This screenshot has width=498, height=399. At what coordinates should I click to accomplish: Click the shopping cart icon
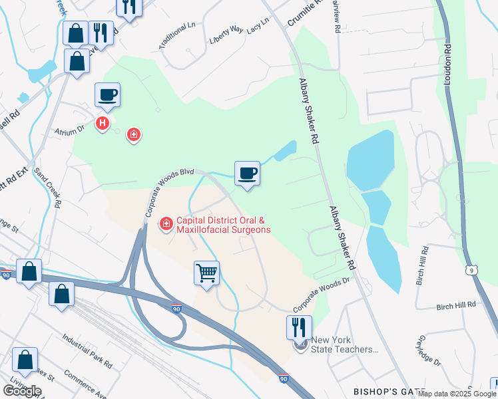click(x=206, y=273)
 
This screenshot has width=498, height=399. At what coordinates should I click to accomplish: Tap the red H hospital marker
click(x=102, y=124)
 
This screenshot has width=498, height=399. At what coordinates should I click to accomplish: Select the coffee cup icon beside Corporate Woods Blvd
click(x=247, y=174)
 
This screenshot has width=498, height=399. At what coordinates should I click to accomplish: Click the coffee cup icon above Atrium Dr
click(x=107, y=94)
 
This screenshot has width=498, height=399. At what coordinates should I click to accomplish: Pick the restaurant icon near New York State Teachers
click(x=299, y=327)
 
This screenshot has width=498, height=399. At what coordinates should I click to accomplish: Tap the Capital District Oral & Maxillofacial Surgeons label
click(x=223, y=225)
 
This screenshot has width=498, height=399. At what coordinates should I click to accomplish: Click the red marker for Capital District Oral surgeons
click(x=165, y=225)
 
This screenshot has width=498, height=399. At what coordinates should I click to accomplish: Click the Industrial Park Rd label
click(x=87, y=351)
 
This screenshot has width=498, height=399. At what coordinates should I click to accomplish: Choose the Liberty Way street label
click(x=227, y=31)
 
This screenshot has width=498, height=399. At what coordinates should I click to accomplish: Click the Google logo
click(x=22, y=391)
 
